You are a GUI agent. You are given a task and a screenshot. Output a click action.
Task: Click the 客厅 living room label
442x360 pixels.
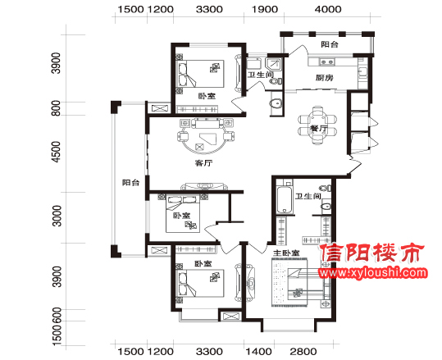click(203, 163)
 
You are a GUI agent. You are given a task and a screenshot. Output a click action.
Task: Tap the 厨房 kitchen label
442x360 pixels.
click(324, 78)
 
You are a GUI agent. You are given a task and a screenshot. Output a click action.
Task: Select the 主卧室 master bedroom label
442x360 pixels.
click(286, 253)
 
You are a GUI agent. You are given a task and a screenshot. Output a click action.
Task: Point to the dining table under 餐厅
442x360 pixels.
click(318, 124)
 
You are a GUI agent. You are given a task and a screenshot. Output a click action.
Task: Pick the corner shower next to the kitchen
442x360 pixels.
click(274, 65)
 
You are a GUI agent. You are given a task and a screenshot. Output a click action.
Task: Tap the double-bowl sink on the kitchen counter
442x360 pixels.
click(326, 62)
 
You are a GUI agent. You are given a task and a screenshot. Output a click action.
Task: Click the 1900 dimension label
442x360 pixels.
click(264, 9)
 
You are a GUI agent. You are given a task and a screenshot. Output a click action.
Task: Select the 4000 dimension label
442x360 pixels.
click(328, 9)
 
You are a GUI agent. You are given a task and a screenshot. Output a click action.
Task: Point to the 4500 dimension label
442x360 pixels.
click(57, 152)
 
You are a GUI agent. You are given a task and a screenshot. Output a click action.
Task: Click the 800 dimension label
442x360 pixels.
click(57, 108)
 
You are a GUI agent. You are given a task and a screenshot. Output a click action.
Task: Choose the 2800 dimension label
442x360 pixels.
click(303, 352)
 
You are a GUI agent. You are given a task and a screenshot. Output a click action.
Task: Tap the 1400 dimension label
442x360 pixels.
click(258, 352)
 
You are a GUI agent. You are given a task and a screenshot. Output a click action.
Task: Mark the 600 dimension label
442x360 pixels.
click(57, 315)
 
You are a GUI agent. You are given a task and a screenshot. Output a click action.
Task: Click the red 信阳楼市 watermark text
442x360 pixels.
click(372, 253)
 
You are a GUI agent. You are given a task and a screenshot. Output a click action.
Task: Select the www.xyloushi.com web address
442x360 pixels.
click(372, 272)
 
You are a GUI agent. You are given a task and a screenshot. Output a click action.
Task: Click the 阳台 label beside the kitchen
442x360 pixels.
click(330, 44)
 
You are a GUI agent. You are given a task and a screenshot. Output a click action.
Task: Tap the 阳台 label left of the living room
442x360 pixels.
click(131, 182)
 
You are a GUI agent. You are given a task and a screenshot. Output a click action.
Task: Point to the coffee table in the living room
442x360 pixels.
click(207, 138)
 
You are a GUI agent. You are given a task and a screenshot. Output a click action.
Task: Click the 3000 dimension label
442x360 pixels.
click(57, 216)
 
